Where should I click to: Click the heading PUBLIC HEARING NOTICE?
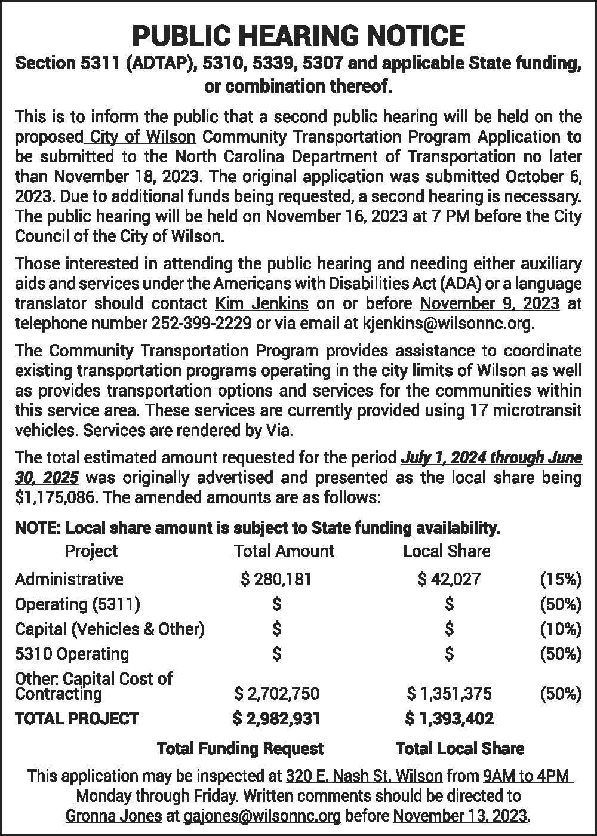click(x=298, y=36)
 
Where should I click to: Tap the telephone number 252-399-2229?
click(x=201, y=324)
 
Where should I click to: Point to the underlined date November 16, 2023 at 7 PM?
click(x=367, y=216)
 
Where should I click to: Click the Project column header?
click(x=91, y=551)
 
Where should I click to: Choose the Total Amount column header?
click(x=284, y=551)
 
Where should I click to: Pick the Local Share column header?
click(x=447, y=551)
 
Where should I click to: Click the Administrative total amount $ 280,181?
click(x=276, y=579)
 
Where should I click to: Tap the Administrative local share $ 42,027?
click(x=449, y=579)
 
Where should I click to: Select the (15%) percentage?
click(x=560, y=579)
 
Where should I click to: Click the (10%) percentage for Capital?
click(x=560, y=629)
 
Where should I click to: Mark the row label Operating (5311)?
click(x=78, y=604)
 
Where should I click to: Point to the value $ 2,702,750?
click(x=276, y=693)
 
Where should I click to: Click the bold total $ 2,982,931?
click(x=276, y=718)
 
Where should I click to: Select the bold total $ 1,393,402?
click(x=449, y=718)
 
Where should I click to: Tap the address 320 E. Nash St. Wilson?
click(x=364, y=776)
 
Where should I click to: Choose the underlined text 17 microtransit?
click(x=525, y=410)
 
